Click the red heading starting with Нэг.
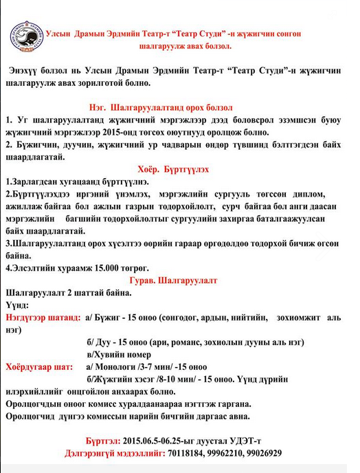click(x=161, y=107)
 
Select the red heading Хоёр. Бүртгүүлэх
click(x=173, y=168)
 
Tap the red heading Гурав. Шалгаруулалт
click(x=173, y=280)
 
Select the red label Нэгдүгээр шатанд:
click(x=43, y=318)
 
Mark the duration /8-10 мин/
click(x=184, y=379)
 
